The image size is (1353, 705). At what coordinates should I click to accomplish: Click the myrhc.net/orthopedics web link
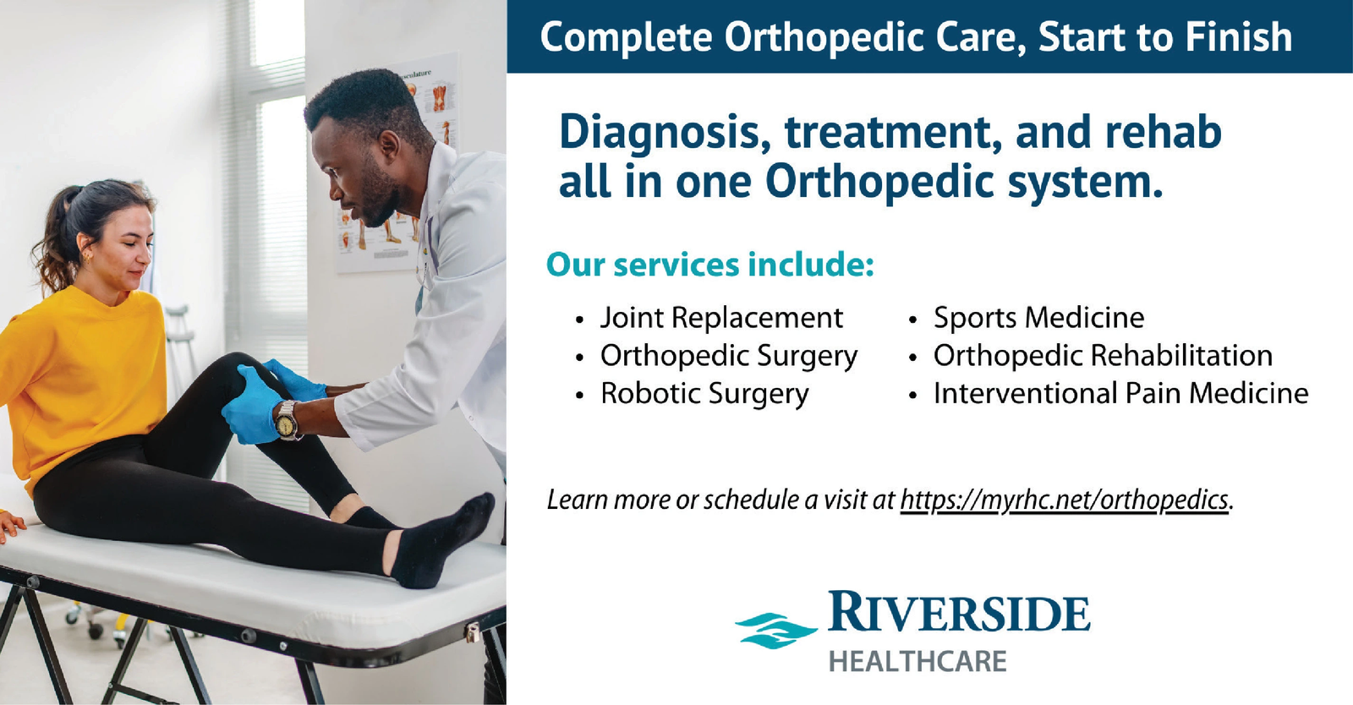click(x=1065, y=500)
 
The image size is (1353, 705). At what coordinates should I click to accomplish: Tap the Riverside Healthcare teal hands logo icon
click(x=776, y=630)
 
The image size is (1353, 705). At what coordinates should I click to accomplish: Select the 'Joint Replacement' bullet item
click(x=721, y=318)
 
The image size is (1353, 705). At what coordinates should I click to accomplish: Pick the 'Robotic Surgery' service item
click(x=704, y=394)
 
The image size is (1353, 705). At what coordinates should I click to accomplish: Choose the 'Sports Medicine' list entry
click(x=1038, y=318)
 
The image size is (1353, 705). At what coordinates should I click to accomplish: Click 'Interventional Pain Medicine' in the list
click(x=1121, y=394)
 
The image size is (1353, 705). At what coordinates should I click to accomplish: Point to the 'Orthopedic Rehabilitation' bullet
click(x=1103, y=356)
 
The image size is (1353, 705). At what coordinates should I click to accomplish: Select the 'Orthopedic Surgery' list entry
click(x=728, y=357)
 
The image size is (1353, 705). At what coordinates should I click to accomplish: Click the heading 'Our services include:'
click(x=710, y=265)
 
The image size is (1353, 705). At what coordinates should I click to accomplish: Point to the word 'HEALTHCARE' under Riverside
click(x=918, y=662)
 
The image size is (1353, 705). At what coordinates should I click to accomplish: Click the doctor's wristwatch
click(x=288, y=420)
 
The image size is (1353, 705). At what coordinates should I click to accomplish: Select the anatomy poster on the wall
click(x=396, y=163)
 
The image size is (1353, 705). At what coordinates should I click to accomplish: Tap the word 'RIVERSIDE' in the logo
click(x=959, y=612)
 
